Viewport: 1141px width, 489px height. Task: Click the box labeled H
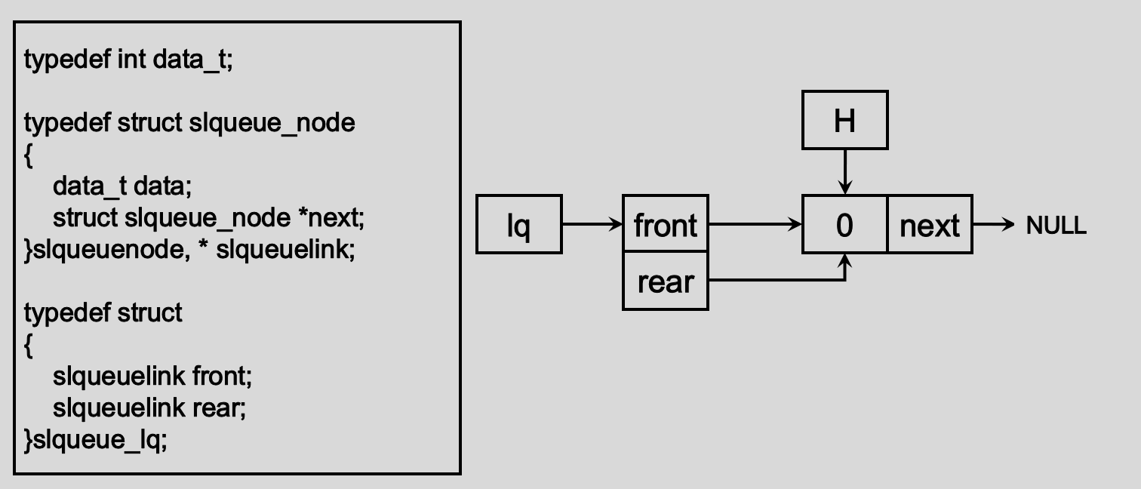pyautogui.click(x=844, y=120)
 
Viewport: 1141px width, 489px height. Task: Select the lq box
pyautogui.click(x=518, y=224)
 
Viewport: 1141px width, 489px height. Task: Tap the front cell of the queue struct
pyautogui.click(x=665, y=224)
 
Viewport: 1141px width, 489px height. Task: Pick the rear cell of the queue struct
pyautogui.click(x=665, y=281)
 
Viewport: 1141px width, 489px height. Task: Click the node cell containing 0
pyautogui.click(x=844, y=224)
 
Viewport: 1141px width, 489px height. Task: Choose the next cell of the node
pyautogui.click(x=930, y=224)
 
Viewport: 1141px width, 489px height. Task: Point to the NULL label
pyautogui.click(x=1056, y=225)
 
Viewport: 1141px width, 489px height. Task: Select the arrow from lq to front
pyautogui.click(x=592, y=224)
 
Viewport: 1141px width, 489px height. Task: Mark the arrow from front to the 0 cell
pyautogui.click(x=755, y=224)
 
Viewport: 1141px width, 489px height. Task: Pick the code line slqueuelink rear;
pyautogui.click(x=149, y=407)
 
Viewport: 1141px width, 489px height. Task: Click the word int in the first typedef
pyautogui.click(x=132, y=59)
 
